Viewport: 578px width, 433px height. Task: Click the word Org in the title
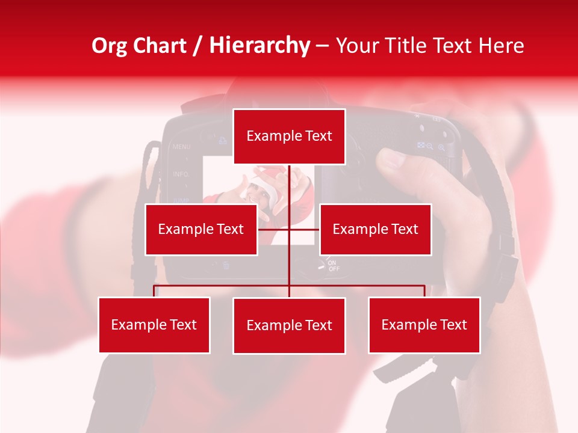[x=110, y=46]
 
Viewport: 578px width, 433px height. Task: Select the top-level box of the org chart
[x=289, y=137]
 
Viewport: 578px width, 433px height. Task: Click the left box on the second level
[x=201, y=229]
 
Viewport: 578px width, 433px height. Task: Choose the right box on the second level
[x=375, y=229]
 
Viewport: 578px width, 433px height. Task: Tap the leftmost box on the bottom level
[x=154, y=325]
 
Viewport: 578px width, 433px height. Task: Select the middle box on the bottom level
[x=289, y=325]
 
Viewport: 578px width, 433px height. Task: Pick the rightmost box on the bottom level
[x=424, y=325]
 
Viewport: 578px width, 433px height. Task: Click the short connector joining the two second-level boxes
[x=274, y=229]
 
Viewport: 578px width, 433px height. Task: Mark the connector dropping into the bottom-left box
[x=154, y=291]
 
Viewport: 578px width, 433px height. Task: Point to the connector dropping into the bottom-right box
[x=424, y=291]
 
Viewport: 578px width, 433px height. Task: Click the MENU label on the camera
[x=181, y=147]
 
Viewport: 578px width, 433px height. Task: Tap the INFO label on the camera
[x=181, y=174]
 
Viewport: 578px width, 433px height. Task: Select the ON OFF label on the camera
[x=333, y=266]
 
